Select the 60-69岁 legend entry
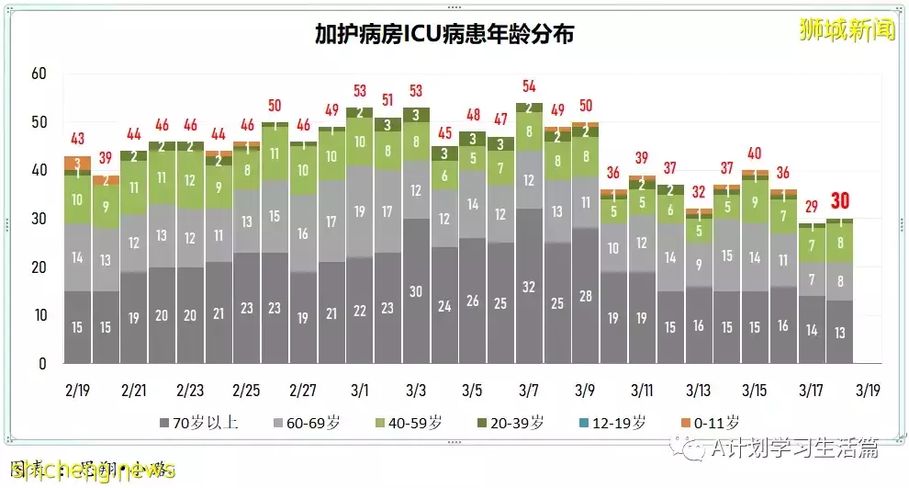309,423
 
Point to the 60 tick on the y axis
38,74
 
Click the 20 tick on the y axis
38,267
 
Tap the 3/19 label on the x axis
869,390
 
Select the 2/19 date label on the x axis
77,390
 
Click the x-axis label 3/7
529,390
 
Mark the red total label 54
529,86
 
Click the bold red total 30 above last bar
841,200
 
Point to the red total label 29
812,208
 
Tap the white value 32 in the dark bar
529,286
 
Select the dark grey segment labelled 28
585,295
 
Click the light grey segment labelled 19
360,211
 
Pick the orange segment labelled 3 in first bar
78,163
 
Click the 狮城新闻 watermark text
846,30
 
